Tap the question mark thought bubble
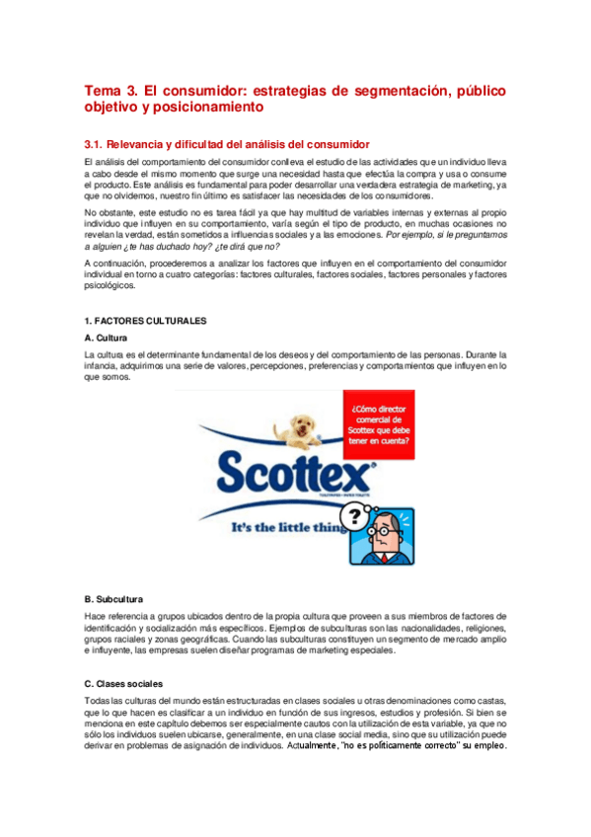click(x=352, y=515)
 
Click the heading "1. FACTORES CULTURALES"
click(x=145, y=321)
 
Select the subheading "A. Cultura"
click(x=109, y=338)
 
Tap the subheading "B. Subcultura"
click(x=114, y=599)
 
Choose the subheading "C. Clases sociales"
click(x=123, y=684)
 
